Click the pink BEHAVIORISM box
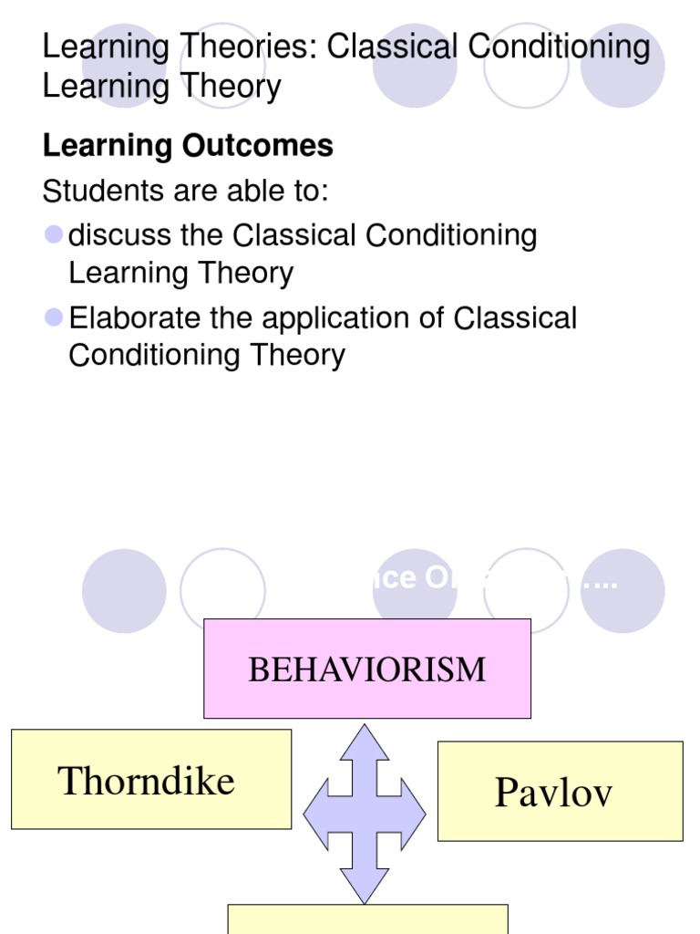point(367,668)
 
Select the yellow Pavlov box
point(560,791)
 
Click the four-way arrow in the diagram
point(365,813)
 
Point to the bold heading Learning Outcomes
point(188,146)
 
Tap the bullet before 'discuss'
point(54,234)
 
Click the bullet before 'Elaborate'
point(54,317)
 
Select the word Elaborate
point(130,318)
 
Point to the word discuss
point(119,235)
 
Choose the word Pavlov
point(553,792)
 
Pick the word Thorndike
point(146,781)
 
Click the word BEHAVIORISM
point(367,669)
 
